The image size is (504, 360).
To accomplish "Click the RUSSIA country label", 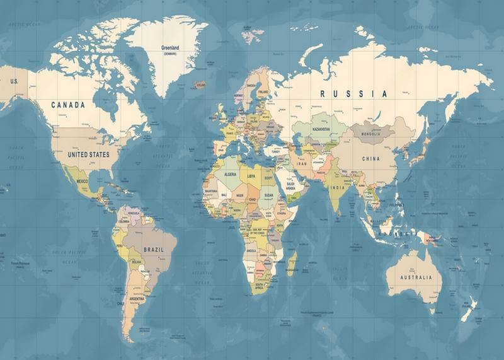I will tap(353, 93).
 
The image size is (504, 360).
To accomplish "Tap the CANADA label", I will tap(67, 105).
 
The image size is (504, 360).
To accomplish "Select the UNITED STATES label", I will tap(88, 154).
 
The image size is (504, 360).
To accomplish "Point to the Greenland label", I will tap(170, 48).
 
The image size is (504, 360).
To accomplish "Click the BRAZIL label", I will tap(153, 250).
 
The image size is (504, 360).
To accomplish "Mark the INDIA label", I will tap(338, 187).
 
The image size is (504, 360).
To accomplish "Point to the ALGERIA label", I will tap(230, 173).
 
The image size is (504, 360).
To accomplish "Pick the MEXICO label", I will tap(83, 182).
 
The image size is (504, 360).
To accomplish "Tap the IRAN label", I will tap(301, 163).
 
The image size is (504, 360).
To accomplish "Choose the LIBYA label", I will tap(251, 176).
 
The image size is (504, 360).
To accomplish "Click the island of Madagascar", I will tap(292, 262).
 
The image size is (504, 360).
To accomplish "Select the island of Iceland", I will tap(200, 84).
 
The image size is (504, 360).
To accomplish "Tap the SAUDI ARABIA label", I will tap(290, 187).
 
